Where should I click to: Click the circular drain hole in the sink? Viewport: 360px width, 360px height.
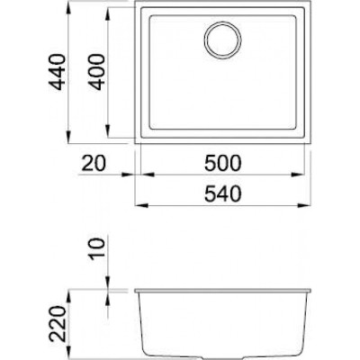[220, 40]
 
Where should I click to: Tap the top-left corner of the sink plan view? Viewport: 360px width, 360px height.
[136, 10]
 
